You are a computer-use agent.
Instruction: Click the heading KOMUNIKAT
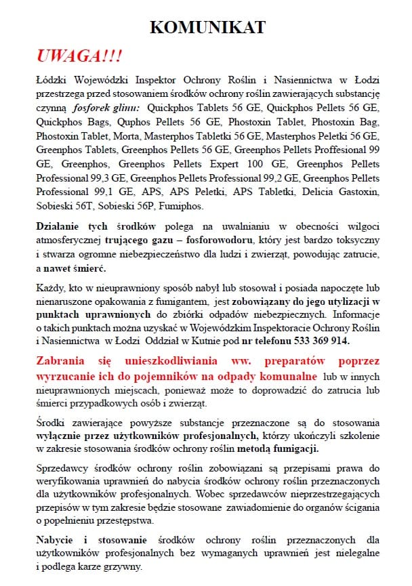207,27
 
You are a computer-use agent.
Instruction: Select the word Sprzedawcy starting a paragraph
63,468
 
